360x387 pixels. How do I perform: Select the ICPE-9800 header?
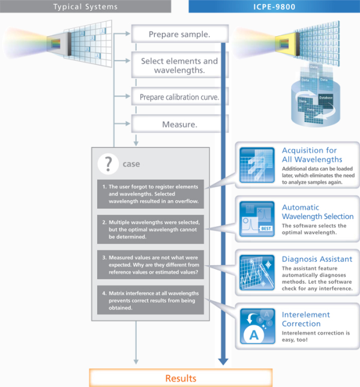pyautogui.click(x=274, y=6)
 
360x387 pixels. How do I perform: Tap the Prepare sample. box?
pyautogui.click(x=179, y=34)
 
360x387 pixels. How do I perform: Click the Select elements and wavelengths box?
pyautogui.click(x=179, y=65)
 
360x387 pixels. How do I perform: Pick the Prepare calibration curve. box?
pyautogui.click(x=179, y=97)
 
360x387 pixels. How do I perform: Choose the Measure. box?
pyautogui.click(x=179, y=125)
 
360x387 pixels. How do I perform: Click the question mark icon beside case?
pyautogui.click(x=108, y=163)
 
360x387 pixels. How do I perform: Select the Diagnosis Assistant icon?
pyautogui.click(x=257, y=272)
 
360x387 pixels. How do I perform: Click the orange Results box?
pyautogui.click(x=180, y=378)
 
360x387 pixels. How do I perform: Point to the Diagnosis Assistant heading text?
pyautogui.click(x=317, y=259)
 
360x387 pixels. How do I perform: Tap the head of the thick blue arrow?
pyautogui.click(x=223, y=361)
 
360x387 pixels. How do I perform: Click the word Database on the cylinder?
pyautogui.click(x=326, y=97)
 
